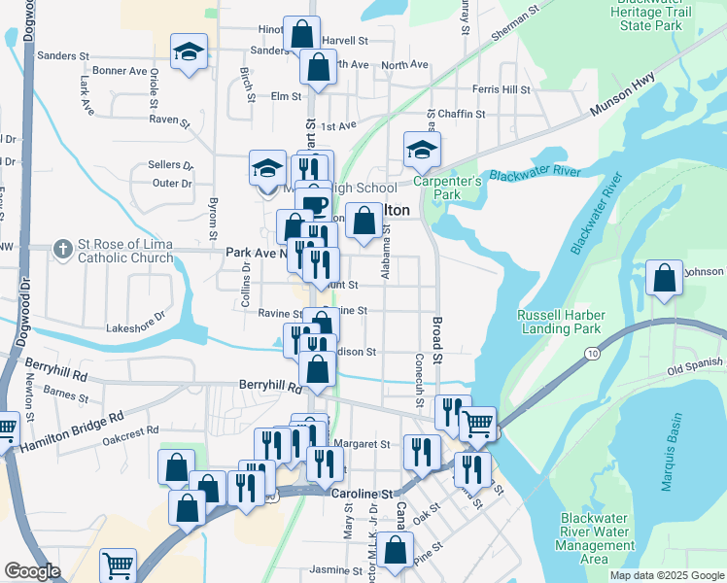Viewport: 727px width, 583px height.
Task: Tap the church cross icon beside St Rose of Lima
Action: pyautogui.click(x=63, y=250)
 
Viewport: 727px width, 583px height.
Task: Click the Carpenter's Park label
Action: pyautogui.click(x=447, y=188)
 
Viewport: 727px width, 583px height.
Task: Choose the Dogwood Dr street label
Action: pyautogui.click(x=25, y=301)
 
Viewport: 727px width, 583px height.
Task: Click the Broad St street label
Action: pyautogui.click(x=436, y=337)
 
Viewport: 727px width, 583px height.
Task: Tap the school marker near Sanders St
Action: pyautogui.click(x=189, y=53)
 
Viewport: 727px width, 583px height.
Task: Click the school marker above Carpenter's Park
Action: pyautogui.click(x=422, y=151)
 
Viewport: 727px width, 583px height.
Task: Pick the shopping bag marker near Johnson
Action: pyautogui.click(x=665, y=279)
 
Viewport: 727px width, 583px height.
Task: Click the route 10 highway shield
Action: pyautogui.click(x=592, y=354)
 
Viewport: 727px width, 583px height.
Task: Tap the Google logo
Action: pyautogui.click(x=33, y=571)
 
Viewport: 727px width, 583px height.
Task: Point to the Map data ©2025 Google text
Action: pyautogui.click(x=667, y=575)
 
